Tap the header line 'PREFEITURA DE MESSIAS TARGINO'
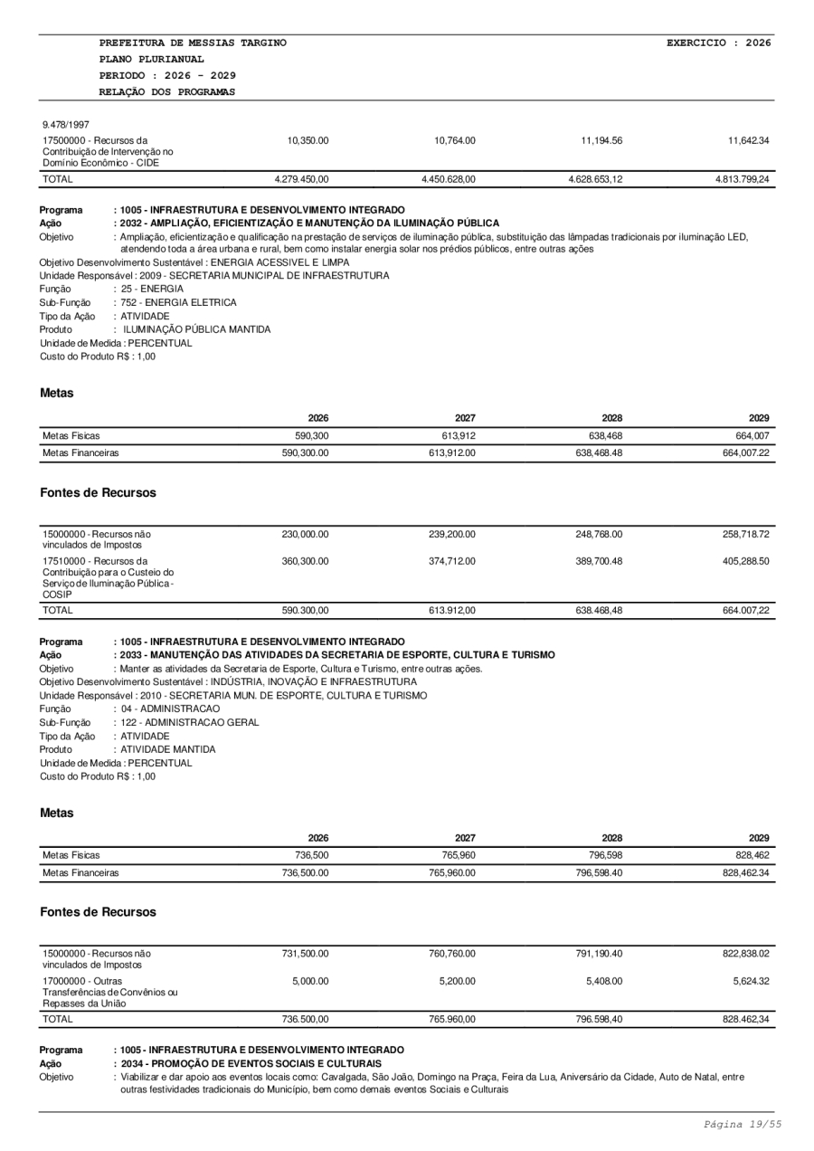193,43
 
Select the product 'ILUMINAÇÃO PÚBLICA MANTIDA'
196,328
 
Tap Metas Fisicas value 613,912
459,436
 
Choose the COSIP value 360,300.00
306,561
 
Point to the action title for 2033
334,654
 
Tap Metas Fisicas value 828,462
751,855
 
